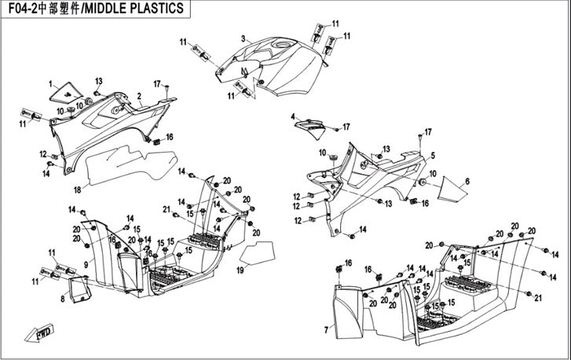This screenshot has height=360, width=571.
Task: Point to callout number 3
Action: tap(243, 39)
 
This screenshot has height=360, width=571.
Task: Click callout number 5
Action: tap(433, 156)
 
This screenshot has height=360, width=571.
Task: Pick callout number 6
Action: tap(467, 182)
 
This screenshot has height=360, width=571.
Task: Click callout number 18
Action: tap(77, 189)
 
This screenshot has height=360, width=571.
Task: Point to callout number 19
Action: tap(241, 270)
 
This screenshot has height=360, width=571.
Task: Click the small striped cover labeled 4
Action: tap(310, 123)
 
